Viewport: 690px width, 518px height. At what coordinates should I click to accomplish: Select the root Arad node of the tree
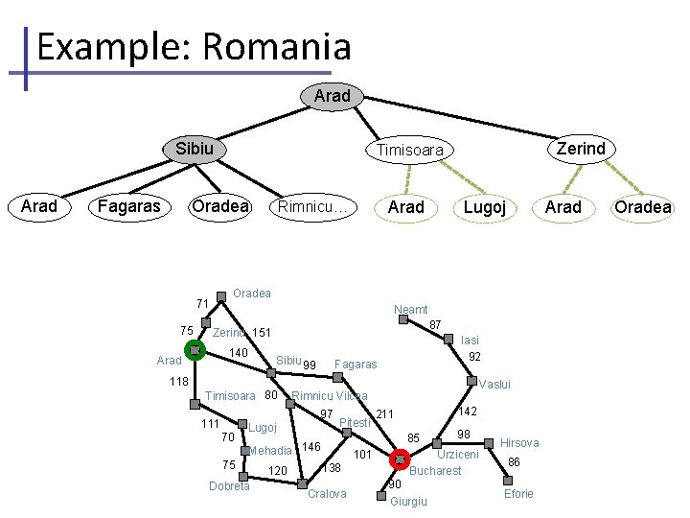point(332,96)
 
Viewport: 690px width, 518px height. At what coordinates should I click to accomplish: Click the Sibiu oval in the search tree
point(195,149)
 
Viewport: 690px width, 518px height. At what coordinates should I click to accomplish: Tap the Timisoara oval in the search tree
point(409,151)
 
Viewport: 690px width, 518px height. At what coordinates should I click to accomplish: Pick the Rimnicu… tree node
point(316,207)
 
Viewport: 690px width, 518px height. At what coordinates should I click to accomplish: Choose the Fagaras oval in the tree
point(129,206)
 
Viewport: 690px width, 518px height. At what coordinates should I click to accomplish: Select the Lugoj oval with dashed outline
point(485,207)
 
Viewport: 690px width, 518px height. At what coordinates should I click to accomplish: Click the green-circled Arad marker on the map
point(195,351)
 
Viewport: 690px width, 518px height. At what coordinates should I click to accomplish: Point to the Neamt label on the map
point(411,310)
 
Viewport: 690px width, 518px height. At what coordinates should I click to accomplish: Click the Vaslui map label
point(494,385)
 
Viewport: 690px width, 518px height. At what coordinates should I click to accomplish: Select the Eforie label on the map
point(518,494)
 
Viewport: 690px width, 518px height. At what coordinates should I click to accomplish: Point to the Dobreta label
point(229,486)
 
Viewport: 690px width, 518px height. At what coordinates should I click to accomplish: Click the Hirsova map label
point(519,443)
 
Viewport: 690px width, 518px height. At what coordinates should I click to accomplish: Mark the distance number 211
point(385,414)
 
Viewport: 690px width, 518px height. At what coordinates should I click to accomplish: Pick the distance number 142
point(467,411)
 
